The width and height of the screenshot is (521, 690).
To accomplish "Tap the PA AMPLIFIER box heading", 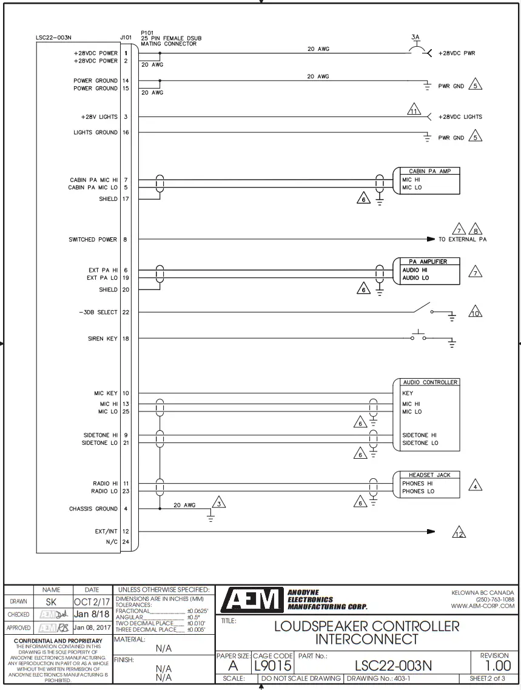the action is pyautogui.click(x=428, y=262).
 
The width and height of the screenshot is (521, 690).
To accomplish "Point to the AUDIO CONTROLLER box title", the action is pyautogui.click(x=430, y=382).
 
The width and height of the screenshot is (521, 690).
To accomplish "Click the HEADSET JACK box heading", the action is pyautogui.click(x=429, y=475).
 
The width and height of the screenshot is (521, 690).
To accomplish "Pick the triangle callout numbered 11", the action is pyautogui.click(x=414, y=111).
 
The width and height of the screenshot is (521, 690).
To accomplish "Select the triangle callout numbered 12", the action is pyautogui.click(x=459, y=533).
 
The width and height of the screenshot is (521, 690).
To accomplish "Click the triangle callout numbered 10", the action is pyautogui.click(x=475, y=313).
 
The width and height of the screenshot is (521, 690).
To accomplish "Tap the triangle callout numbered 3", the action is pyautogui.click(x=218, y=502).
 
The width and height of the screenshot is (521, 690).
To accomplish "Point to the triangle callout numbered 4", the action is pyautogui.click(x=476, y=486).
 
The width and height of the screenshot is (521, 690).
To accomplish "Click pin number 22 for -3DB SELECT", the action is pyautogui.click(x=126, y=313).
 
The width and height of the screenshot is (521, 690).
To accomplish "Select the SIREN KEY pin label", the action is pyautogui.click(x=103, y=339).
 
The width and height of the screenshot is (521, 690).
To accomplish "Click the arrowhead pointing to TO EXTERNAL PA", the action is pyautogui.click(x=431, y=239).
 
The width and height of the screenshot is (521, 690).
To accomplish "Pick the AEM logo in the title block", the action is pyautogui.click(x=251, y=600).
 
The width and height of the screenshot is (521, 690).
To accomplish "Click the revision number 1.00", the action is pyautogui.click(x=494, y=665).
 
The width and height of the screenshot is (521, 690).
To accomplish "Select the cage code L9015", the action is pyautogui.click(x=273, y=666).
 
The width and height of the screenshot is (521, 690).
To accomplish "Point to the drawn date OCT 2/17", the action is pyautogui.click(x=92, y=601).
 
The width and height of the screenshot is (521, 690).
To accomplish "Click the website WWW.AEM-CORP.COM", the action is pyautogui.click(x=482, y=606).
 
